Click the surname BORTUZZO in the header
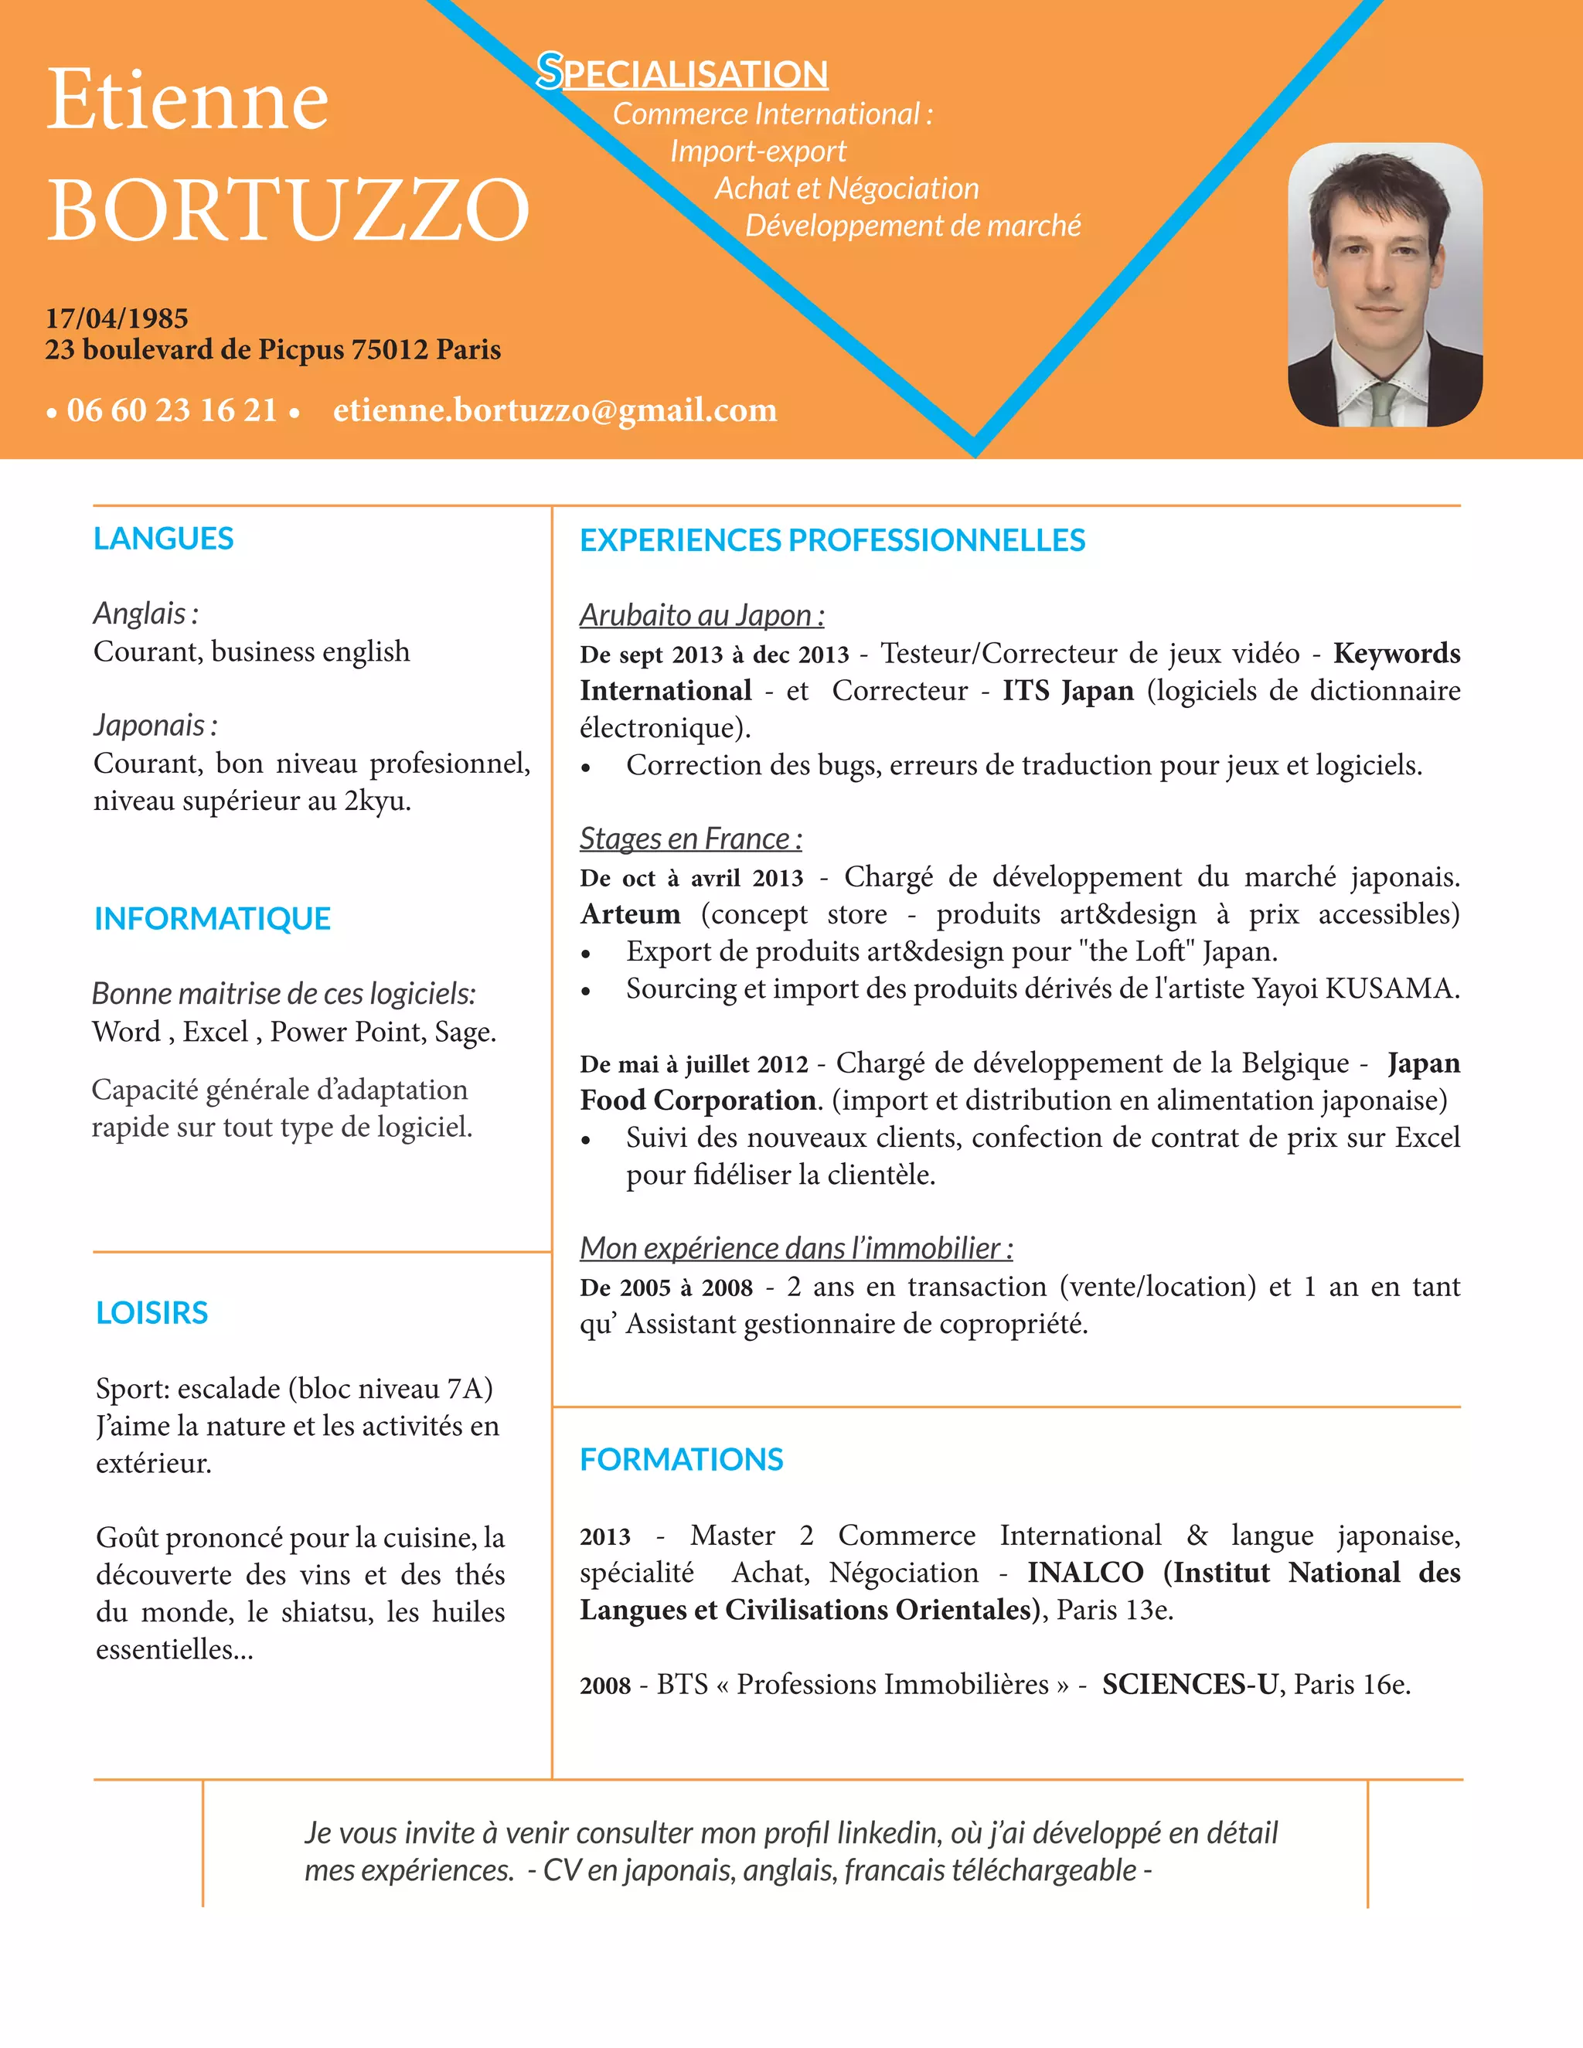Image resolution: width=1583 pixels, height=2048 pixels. (x=288, y=209)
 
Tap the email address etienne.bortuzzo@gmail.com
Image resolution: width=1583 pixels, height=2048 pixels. (x=555, y=410)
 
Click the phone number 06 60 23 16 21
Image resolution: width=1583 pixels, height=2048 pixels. (x=172, y=410)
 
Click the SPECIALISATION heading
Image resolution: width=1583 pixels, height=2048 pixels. (x=682, y=73)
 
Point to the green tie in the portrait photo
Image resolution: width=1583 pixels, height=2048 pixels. (x=1382, y=403)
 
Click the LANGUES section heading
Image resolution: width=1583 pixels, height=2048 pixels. (x=163, y=538)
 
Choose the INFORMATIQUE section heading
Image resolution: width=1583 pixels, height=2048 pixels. (x=212, y=918)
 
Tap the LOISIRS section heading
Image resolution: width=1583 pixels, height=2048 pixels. (x=152, y=1312)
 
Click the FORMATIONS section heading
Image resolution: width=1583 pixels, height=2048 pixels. (x=681, y=1459)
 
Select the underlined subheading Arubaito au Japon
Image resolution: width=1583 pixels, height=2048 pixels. (x=702, y=615)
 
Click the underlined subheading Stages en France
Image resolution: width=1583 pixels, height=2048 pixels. (x=690, y=839)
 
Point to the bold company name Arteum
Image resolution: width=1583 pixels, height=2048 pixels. (x=630, y=914)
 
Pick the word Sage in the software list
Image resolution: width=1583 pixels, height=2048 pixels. (x=462, y=1032)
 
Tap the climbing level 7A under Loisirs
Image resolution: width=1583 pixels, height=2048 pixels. (x=467, y=1388)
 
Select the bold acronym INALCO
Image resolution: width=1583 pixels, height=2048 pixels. (x=1085, y=1573)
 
